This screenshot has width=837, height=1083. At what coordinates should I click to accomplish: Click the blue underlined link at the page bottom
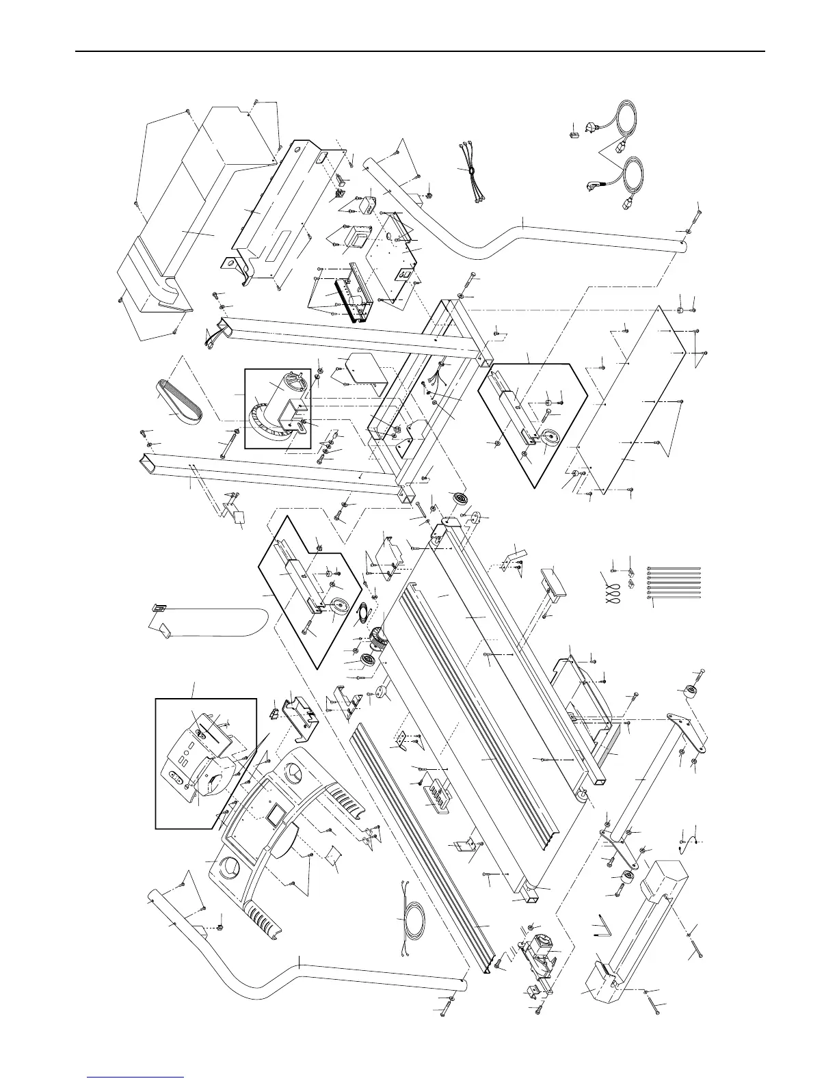point(135,1078)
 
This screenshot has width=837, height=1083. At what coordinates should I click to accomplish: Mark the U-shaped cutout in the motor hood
point(171,292)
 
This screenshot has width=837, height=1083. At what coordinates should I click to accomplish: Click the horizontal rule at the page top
point(418,51)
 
